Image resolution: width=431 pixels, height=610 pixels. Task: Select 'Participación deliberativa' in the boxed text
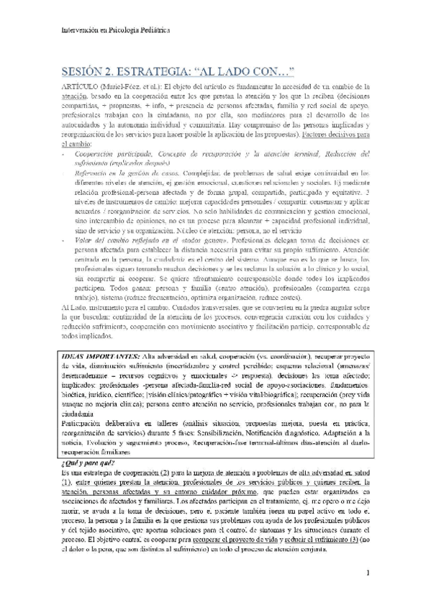point(99,424)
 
